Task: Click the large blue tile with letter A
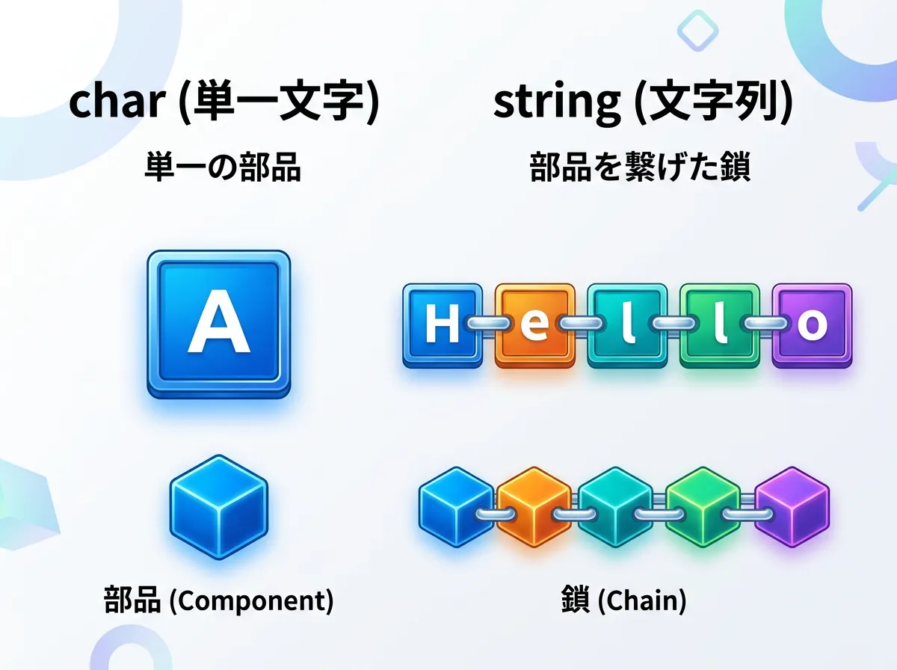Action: [218, 325]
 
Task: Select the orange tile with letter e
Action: [535, 326]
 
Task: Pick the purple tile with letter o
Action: [812, 326]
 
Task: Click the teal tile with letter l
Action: [627, 326]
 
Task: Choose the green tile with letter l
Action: [720, 326]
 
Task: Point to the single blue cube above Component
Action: [218, 507]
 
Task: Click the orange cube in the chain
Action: [534, 507]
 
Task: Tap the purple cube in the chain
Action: [792, 507]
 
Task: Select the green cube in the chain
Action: [703, 507]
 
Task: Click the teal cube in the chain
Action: [615, 507]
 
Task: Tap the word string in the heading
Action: [557, 103]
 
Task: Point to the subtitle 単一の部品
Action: [223, 167]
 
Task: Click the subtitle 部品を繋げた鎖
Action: [640, 167]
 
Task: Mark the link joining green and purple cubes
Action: [747, 514]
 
